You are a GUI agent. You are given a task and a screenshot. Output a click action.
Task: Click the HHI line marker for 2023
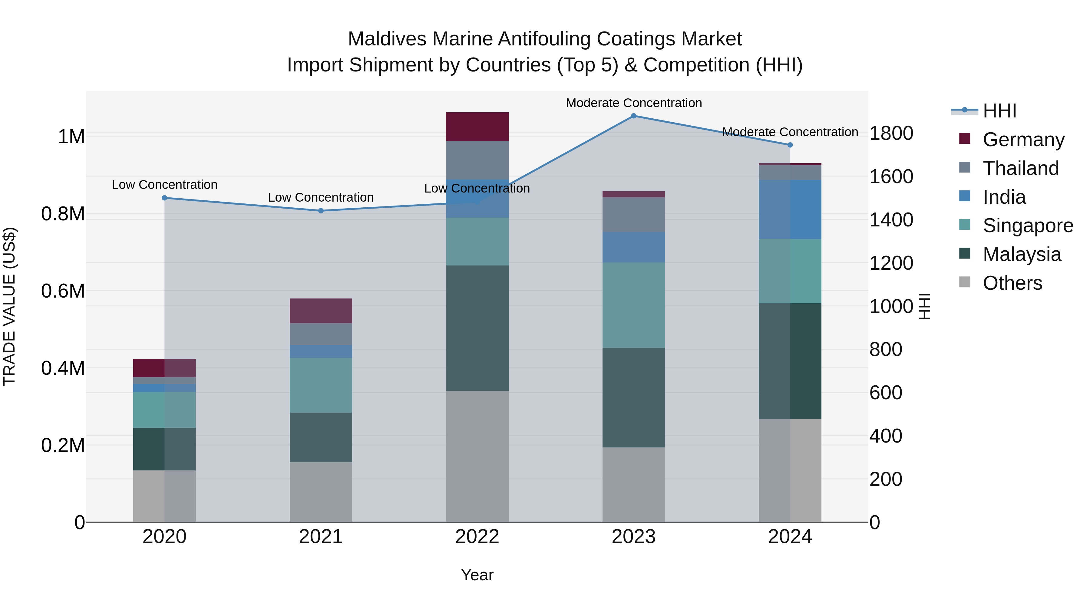pos(633,116)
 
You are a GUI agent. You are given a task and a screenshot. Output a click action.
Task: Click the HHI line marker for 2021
pos(321,211)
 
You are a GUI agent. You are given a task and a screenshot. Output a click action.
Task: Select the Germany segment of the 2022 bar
pos(477,127)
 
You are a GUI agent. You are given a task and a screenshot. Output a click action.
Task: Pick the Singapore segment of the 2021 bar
pos(321,385)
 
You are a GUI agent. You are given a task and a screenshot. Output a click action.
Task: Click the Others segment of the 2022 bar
pos(477,456)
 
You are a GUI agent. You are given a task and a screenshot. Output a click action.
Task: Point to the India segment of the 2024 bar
pos(790,209)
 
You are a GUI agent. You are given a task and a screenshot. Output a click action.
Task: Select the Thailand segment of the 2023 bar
pos(633,215)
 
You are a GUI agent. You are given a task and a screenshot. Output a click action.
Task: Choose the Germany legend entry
pos(1023,140)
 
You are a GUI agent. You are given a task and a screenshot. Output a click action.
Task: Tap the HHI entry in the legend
pos(999,111)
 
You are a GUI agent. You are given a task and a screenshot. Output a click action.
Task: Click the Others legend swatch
pos(964,282)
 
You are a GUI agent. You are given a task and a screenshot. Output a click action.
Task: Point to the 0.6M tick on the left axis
pos(63,291)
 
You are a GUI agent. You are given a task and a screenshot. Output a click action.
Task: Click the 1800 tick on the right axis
pos(891,133)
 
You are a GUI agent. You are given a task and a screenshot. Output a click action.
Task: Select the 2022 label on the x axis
pos(477,537)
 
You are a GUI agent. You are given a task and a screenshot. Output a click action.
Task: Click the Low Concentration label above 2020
pos(165,185)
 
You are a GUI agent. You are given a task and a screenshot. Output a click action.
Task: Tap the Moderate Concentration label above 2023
pos(633,103)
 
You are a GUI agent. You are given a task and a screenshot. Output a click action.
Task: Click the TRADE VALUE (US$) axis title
pos(9,306)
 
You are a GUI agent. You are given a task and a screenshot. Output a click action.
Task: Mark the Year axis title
pos(477,575)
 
